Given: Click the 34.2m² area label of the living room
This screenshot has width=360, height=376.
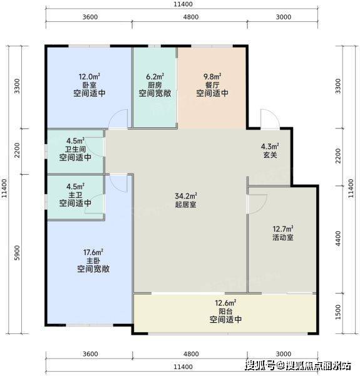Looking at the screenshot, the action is pos(186,196).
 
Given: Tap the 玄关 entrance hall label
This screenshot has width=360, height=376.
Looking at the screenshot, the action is pos(270,155).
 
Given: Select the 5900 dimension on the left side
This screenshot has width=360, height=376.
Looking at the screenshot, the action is pos(18,253).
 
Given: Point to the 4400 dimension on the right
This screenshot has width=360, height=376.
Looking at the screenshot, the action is pos(338,238).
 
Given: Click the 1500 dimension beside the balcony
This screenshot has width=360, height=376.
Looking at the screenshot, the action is pos(338,312).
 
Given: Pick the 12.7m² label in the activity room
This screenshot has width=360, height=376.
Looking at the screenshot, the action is pos(283,229).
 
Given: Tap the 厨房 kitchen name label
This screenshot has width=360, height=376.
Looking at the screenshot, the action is pos(155,85).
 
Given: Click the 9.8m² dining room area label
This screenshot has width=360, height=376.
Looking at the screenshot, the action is pos(212,76).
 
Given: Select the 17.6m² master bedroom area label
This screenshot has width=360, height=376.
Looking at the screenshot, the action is pos(93,253).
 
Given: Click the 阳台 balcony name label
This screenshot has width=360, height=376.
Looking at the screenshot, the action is pos(225,311).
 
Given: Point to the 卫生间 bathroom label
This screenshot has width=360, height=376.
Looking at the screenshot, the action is pos(76,149).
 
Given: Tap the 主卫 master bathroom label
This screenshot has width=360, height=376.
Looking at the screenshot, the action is pos(75,195).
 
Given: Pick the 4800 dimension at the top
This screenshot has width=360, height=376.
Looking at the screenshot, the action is pos(191,17).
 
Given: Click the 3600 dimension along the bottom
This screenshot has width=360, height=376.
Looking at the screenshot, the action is pos(90,354).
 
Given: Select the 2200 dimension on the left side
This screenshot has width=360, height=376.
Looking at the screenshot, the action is pos(18,150).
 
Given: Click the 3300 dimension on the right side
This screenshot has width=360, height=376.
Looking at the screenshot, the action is pos(338,86).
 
